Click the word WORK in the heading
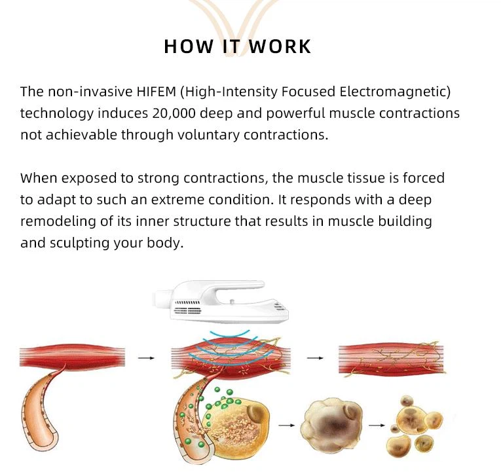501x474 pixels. click(280, 46)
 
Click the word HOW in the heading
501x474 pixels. click(189, 46)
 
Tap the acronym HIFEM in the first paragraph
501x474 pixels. click(157, 92)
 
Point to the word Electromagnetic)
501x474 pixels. click(395, 92)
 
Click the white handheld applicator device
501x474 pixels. click(221, 301)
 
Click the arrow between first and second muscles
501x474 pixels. click(146, 358)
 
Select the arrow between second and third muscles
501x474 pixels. click(315, 358)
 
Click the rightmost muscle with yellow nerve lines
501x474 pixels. click(392, 359)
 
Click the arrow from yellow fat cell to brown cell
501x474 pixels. click(287, 426)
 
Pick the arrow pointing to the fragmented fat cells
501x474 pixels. click(377, 426)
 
